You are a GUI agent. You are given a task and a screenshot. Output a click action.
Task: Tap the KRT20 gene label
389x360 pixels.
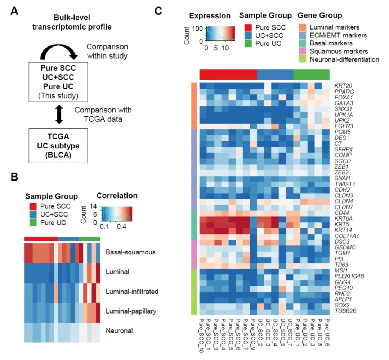(x=341, y=85)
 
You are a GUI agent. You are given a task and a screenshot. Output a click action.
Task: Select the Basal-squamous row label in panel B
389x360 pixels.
(x=126, y=252)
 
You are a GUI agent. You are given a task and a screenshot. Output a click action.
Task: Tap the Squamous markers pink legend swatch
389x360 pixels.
(x=303, y=51)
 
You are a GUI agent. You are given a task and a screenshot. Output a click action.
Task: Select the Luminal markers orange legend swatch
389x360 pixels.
(x=303, y=27)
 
